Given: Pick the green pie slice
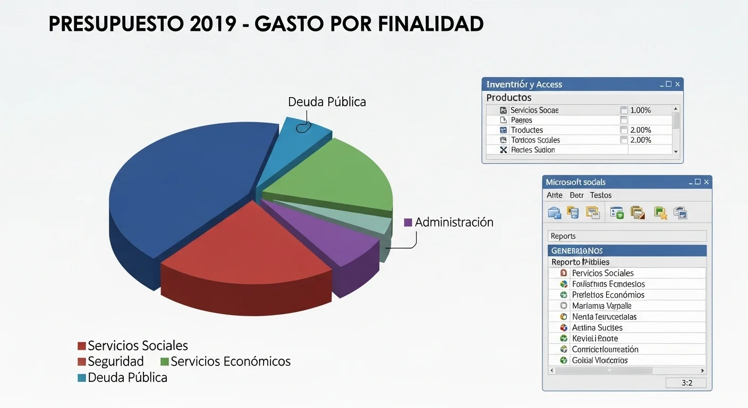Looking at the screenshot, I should point(335,175).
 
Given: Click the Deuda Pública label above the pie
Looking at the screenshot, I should point(327,102).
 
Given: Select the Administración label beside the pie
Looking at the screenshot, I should point(454,223).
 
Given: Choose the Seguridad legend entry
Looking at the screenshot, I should point(115,362).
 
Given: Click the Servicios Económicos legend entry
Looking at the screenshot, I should point(230,362).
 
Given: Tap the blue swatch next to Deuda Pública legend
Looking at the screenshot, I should point(82,378).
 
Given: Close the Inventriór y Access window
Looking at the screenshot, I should point(677,84).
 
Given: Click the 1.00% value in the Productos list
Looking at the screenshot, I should point(640,110).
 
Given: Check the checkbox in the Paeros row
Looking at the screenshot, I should point(624,121).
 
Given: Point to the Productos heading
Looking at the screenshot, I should point(509,98).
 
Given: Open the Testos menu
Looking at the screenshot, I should point(600,195).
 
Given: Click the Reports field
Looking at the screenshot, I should point(627,236).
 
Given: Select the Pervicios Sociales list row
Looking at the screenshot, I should point(602,273).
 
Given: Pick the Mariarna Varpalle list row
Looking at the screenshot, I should point(601,306).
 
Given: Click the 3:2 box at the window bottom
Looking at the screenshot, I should point(686,383).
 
